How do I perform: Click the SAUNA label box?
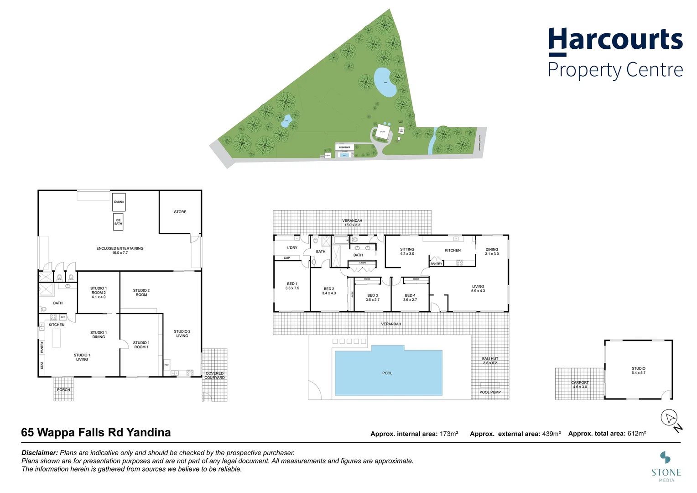(x=119, y=202)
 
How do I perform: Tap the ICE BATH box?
(x=118, y=222)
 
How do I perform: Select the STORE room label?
(x=180, y=212)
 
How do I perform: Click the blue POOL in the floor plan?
(x=388, y=372)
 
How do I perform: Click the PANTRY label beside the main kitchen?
(x=437, y=264)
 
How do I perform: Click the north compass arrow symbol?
(x=670, y=418)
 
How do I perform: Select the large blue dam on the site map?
(x=385, y=83)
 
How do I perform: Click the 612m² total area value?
(x=636, y=434)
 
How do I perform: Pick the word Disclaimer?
(x=40, y=453)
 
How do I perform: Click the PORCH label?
(x=63, y=390)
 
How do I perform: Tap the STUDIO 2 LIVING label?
(x=182, y=333)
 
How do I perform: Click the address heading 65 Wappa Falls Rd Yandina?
(x=96, y=432)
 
